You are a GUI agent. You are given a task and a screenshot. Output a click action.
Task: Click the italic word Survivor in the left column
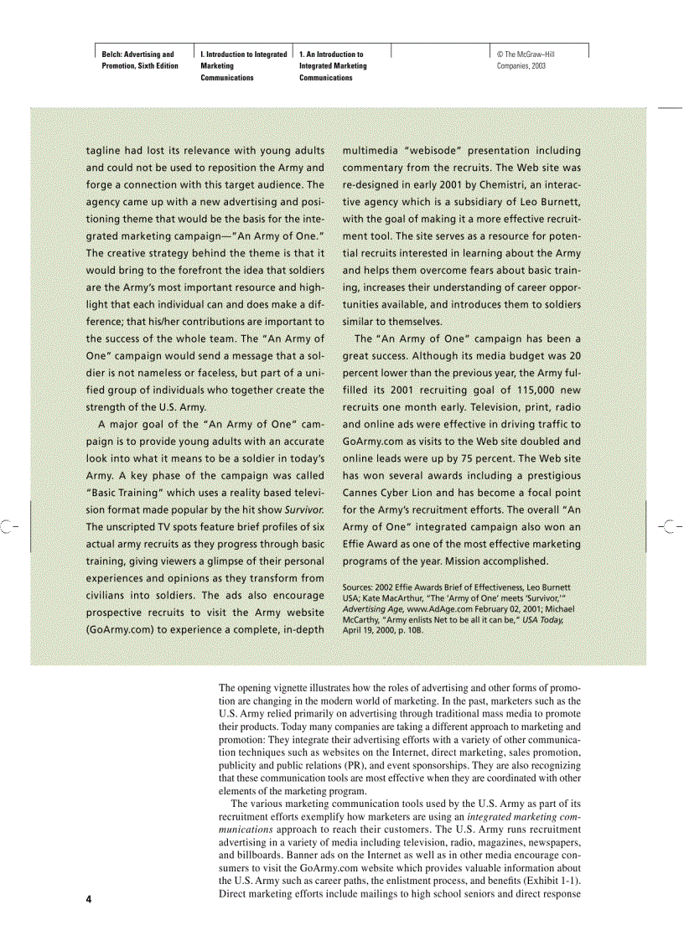(x=304, y=509)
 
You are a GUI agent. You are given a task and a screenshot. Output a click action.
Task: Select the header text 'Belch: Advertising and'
(x=137, y=54)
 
